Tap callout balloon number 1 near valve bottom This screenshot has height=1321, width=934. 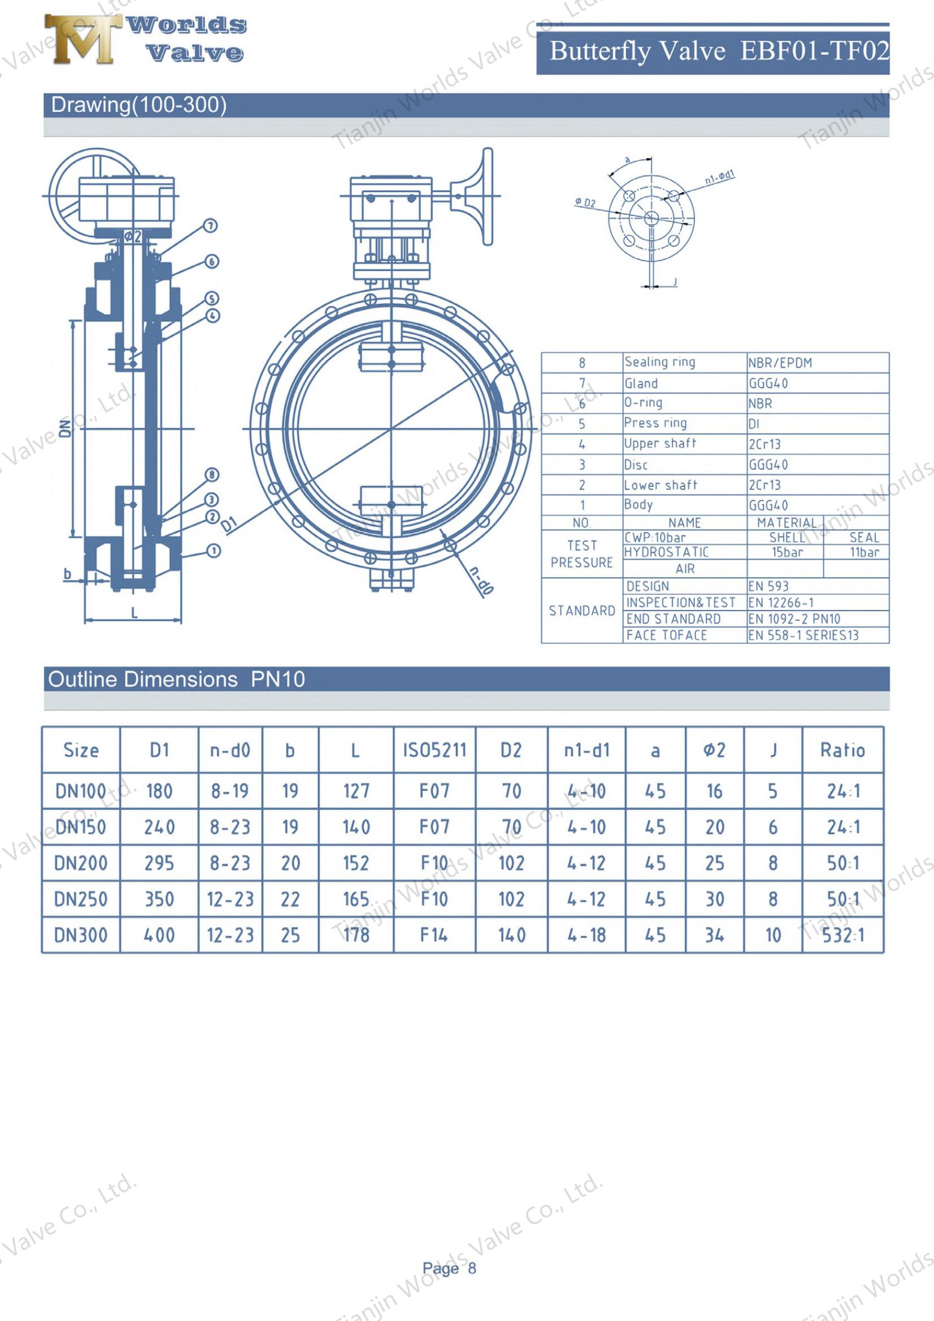click(x=214, y=551)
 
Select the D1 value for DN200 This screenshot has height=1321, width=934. click(x=159, y=863)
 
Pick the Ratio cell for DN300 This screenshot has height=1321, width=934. click(x=842, y=935)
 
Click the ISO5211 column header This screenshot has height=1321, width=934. click(x=435, y=750)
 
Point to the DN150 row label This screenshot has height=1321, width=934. click(x=81, y=827)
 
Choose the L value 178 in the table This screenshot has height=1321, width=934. click(x=355, y=935)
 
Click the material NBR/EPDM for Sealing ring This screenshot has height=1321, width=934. click(x=780, y=363)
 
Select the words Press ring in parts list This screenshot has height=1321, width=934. click(x=655, y=424)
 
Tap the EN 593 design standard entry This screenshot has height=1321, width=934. click(x=768, y=586)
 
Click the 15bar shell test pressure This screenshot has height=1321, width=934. click(x=787, y=552)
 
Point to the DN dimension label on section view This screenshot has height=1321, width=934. click(x=66, y=428)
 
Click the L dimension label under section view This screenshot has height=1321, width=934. click(x=134, y=613)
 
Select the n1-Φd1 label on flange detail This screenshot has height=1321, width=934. click(x=719, y=177)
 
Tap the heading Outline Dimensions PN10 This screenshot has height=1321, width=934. click(x=176, y=679)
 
